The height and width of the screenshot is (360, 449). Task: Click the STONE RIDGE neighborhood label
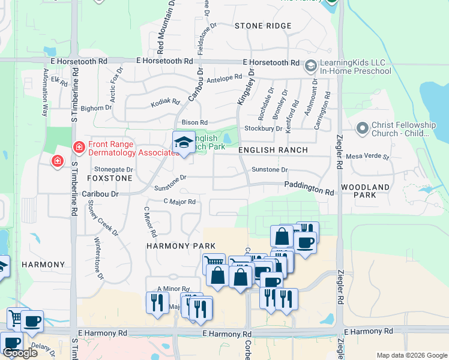click(263, 26)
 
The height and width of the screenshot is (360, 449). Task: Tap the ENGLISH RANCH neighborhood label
click(273, 150)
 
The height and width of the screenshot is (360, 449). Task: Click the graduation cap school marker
click(184, 143)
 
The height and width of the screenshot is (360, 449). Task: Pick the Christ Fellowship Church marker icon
click(362, 128)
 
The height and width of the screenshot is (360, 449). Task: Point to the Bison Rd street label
click(194, 122)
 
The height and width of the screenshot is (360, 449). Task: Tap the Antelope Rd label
click(223, 79)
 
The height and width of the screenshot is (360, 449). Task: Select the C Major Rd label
click(179, 202)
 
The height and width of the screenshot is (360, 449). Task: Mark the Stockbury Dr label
click(263, 128)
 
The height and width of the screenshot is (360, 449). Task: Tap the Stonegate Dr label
click(113, 170)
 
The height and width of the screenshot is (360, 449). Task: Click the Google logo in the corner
click(20, 353)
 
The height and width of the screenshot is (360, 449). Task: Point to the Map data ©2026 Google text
click(411, 355)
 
